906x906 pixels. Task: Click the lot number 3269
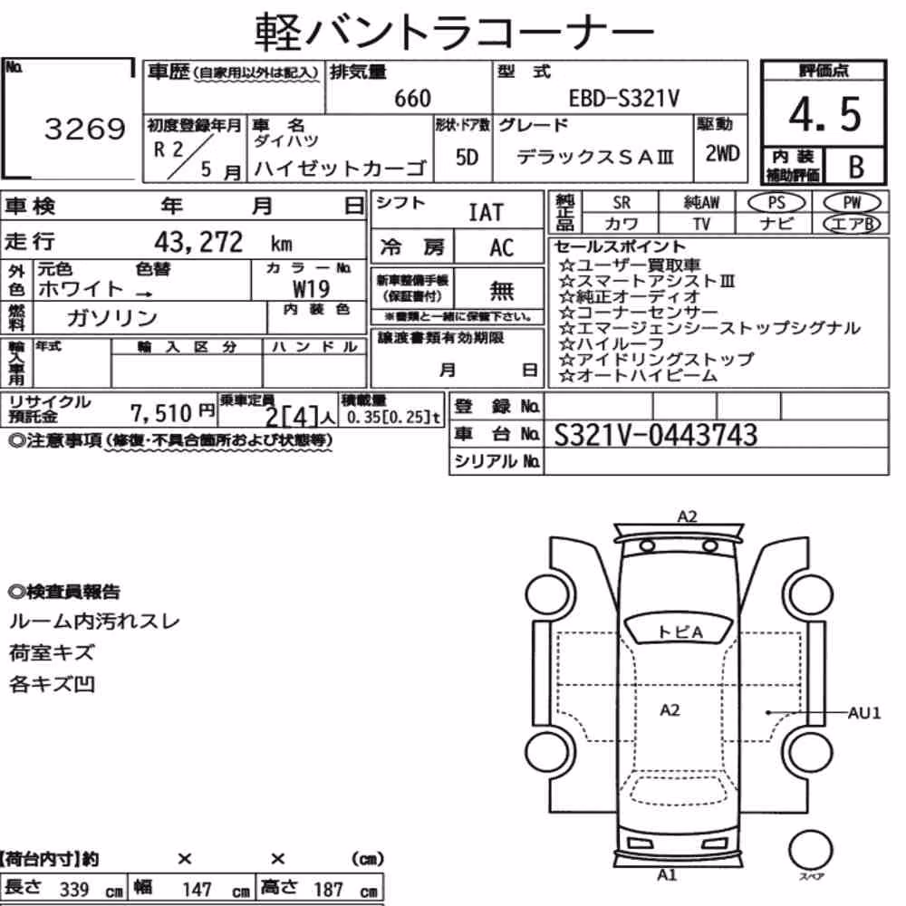coord(85,129)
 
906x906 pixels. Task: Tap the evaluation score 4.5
coord(824,114)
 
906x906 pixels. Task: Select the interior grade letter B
coord(856,167)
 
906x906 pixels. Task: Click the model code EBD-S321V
coord(624,99)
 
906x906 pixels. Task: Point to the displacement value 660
coord(412,99)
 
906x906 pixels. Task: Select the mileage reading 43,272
coord(198,242)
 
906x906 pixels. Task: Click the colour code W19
coord(311,289)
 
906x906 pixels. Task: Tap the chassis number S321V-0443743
coord(655,435)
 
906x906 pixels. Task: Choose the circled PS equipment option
coord(776,203)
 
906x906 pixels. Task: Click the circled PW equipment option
coord(852,203)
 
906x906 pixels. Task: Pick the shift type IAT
coord(486,213)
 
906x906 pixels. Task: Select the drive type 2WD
coord(722,153)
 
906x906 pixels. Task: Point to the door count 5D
coord(467,157)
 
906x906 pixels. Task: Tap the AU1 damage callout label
coord(864,713)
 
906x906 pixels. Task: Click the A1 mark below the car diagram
coord(667,875)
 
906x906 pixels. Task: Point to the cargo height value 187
coord(328,890)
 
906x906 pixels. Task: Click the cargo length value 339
coord(74,890)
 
